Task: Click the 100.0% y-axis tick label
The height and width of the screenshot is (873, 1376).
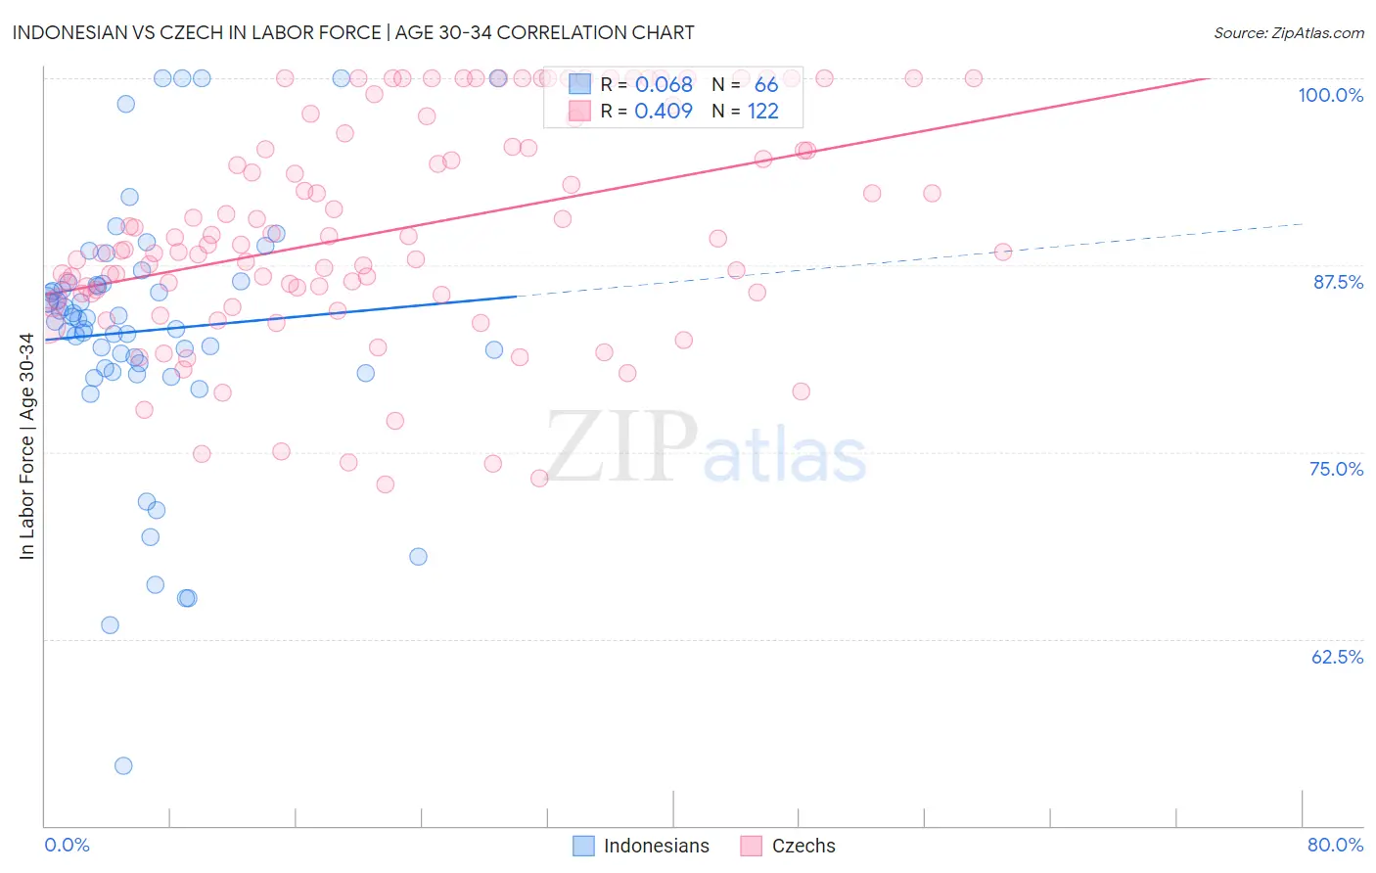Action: click(1330, 95)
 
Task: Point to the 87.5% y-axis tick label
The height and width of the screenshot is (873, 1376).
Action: click(1338, 282)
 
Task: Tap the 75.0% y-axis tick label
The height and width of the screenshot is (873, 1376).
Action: click(1336, 469)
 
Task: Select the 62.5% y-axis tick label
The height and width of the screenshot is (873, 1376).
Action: click(1337, 657)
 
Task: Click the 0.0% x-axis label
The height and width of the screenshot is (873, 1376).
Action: click(67, 845)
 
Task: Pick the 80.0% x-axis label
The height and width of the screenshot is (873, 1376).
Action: click(1335, 845)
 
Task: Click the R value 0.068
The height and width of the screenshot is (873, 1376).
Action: click(664, 85)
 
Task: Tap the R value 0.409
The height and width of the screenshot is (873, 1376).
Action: click(664, 112)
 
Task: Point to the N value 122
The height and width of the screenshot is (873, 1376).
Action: click(763, 112)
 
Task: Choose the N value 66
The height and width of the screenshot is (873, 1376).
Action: click(766, 85)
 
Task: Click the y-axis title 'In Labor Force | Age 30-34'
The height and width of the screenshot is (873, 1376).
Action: click(26, 446)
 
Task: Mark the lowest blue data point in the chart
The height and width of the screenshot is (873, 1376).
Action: click(123, 765)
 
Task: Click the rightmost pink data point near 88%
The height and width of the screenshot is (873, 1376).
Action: click(1002, 252)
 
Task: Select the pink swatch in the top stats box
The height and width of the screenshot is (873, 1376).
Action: click(580, 112)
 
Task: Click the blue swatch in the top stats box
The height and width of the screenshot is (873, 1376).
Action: click(580, 85)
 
